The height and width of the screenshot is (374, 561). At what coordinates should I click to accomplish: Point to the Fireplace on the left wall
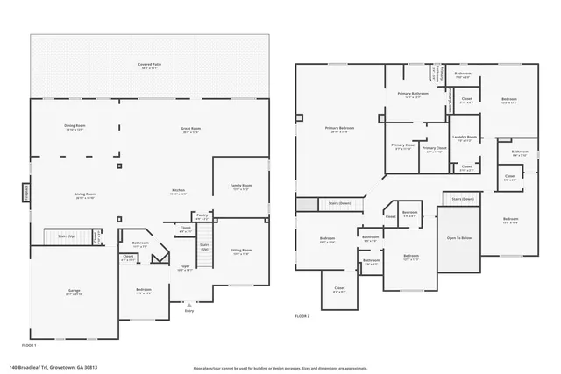pyautogui.click(x=26, y=192)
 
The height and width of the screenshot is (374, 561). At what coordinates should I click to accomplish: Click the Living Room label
pyautogui.click(x=84, y=196)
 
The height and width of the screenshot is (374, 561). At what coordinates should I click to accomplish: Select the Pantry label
pyautogui.click(x=202, y=215)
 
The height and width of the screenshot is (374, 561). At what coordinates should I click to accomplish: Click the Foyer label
pyautogui.click(x=185, y=267)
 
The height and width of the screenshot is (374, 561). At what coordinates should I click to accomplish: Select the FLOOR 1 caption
pyautogui.click(x=40, y=334)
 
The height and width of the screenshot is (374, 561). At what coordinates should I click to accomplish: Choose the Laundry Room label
pyautogui.click(x=465, y=138)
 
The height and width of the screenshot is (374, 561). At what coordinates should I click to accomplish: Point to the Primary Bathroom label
pyautogui.click(x=413, y=94)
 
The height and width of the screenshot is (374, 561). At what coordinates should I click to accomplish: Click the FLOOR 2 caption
pyautogui.click(x=302, y=315)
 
